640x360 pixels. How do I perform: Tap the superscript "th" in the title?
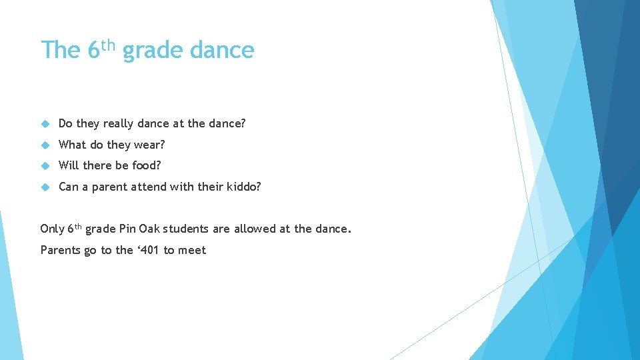(x=109, y=45)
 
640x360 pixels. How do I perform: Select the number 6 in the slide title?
(x=93, y=51)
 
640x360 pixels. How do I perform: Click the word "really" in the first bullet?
(x=119, y=124)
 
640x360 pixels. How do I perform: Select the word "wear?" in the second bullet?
(x=149, y=145)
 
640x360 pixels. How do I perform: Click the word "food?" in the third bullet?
(x=147, y=165)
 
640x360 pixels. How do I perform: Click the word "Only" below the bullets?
(x=52, y=229)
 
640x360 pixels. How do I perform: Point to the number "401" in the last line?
(x=149, y=250)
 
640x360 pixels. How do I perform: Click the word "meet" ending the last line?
(x=193, y=250)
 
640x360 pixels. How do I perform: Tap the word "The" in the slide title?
(x=61, y=51)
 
